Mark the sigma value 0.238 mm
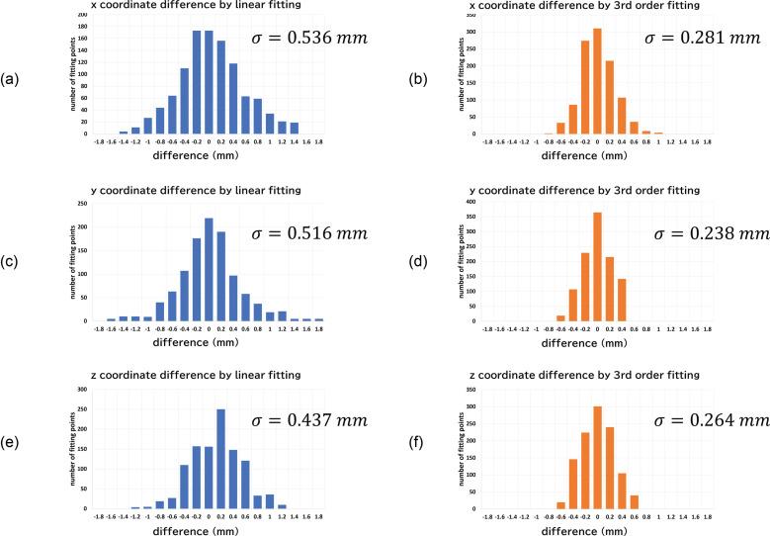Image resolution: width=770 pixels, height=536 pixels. point(712,233)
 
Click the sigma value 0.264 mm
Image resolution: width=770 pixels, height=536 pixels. point(712,420)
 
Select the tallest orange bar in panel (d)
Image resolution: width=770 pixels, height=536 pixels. point(597,267)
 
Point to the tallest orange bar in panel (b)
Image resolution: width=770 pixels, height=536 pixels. point(597,81)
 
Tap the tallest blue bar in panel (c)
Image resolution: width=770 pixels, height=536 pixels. point(209,270)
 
